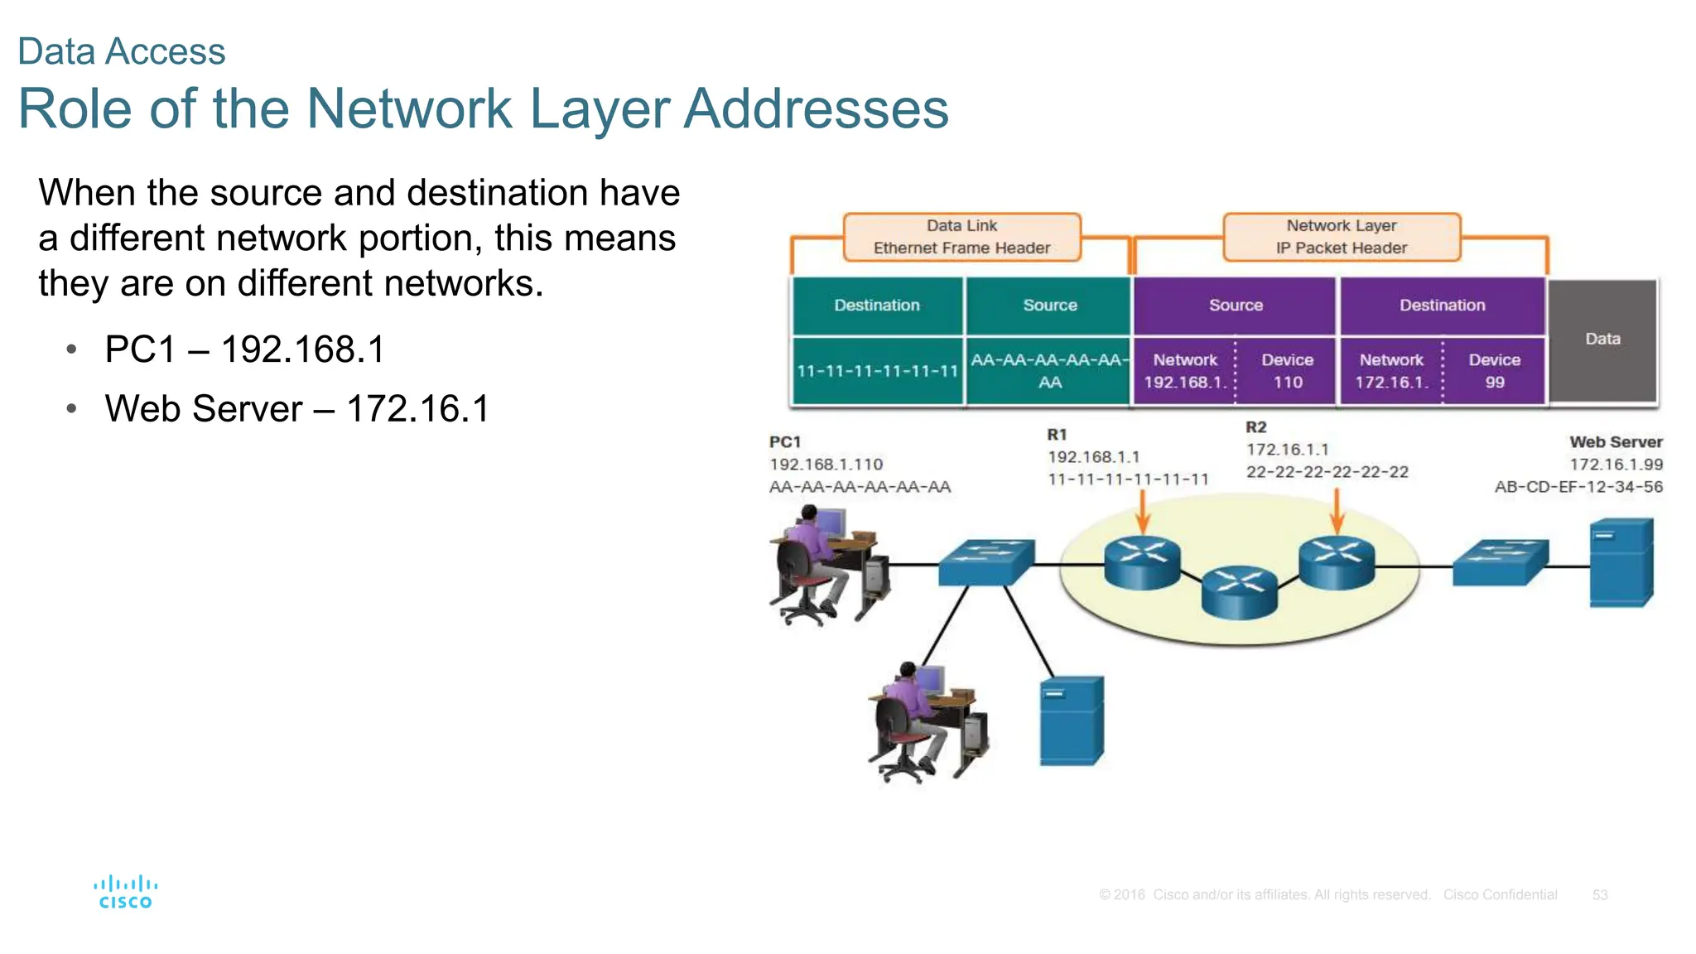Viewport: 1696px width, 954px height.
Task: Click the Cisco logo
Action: [125, 892]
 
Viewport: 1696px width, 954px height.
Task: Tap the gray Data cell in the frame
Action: [1602, 340]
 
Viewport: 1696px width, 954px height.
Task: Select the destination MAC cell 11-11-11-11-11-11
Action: [877, 371]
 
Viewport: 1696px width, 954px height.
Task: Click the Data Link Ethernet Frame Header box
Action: [961, 237]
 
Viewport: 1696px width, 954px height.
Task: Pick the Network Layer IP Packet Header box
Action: [1341, 237]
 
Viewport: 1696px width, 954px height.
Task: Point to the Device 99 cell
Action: [1494, 371]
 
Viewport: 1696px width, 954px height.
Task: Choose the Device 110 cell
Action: [1287, 371]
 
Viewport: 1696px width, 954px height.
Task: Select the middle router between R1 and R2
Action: [1239, 591]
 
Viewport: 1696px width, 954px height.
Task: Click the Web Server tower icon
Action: [1621, 563]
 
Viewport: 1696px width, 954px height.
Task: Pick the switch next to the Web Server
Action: [1500, 562]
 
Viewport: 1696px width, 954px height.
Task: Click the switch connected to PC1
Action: [985, 562]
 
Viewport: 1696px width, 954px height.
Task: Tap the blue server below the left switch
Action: [1072, 721]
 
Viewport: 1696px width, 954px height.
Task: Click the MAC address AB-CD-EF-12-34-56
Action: [1578, 487]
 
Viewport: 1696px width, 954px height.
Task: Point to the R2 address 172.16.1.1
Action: [1287, 450]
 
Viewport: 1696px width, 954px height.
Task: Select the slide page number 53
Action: [1599, 895]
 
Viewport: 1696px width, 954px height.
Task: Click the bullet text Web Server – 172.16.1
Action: [296, 409]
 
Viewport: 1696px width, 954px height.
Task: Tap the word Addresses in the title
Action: [816, 108]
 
